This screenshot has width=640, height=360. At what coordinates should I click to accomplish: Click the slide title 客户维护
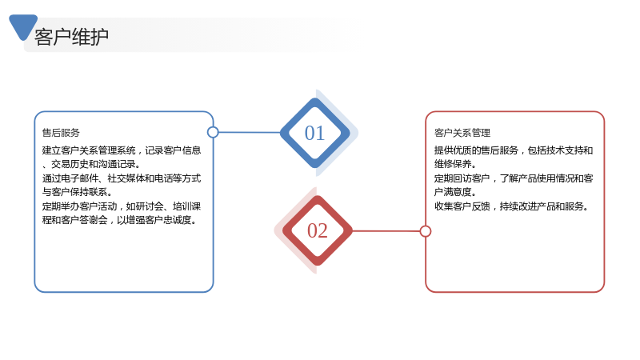point(71,37)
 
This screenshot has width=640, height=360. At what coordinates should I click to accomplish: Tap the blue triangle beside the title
point(22,26)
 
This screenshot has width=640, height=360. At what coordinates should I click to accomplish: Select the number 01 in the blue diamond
point(314,133)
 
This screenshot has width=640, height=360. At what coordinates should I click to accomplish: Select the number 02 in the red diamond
point(317,230)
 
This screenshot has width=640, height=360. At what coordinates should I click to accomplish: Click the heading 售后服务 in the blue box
point(61,133)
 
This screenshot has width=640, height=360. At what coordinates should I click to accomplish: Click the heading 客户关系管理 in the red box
point(462,133)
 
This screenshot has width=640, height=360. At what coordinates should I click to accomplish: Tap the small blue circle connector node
point(213,132)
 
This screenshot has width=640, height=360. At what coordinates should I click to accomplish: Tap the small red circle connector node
point(426,231)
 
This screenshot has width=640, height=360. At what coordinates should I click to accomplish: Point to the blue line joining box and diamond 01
point(250,132)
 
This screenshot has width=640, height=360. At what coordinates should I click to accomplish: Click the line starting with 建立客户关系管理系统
point(122,150)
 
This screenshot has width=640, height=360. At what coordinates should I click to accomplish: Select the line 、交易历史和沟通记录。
point(91,164)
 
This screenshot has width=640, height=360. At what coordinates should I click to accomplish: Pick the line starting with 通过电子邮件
point(122,178)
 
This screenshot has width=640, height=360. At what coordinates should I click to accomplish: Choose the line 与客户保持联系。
point(77,192)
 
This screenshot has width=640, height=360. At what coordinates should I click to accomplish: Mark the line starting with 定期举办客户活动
point(122,206)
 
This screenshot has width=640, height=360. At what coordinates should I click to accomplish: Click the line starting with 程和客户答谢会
point(119,220)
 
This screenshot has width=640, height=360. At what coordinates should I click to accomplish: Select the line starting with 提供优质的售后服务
point(514,150)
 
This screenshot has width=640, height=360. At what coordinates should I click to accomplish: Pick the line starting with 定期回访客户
point(514,178)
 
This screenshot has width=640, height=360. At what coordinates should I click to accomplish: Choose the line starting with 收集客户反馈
point(511,206)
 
